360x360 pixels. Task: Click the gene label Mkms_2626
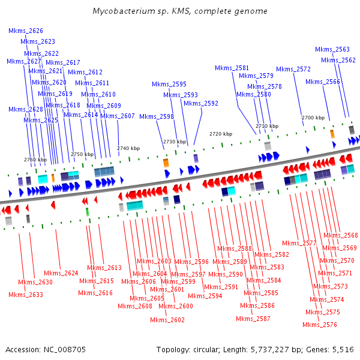[26, 31]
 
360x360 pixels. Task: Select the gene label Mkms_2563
[332, 49]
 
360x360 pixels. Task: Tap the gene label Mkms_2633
[26, 295]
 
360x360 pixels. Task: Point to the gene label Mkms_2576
[320, 325]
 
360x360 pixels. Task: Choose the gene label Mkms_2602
[167, 320]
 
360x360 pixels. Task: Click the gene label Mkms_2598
[157, 116]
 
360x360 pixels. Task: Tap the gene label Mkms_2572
[293, 69]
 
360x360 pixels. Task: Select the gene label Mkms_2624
[61, 273]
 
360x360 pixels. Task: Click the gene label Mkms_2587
[253, 319]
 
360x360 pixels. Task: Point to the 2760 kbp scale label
[35, 160]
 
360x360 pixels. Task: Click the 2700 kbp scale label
[313, 118]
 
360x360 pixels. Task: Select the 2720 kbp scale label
[220, 133]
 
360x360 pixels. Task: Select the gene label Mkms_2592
[201, 103]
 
